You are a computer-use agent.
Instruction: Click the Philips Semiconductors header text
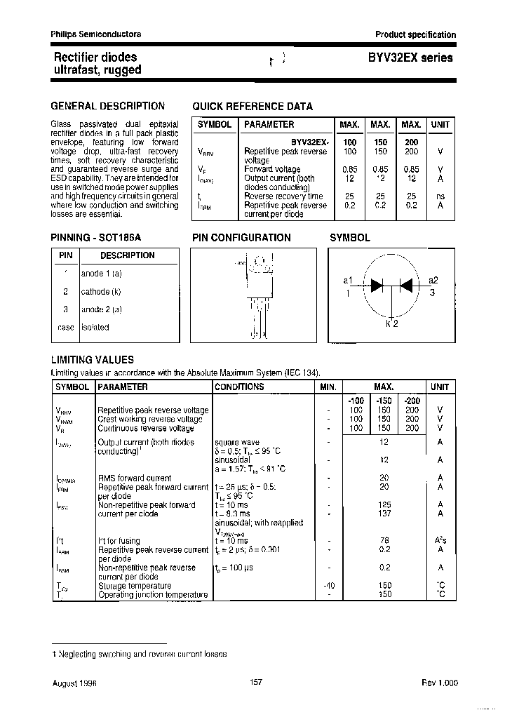pos(95,34)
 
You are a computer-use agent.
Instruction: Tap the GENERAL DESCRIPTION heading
pos(107,106)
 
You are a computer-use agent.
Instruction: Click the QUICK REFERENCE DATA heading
pos(252,107)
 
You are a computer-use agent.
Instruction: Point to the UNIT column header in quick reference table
pos(440,124)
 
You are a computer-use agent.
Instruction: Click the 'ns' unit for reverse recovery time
pos(440,196)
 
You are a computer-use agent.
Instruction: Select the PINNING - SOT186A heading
pos(101,238)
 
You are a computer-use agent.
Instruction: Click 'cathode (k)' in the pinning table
pos(101,290)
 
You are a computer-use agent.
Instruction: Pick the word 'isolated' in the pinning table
pos(95,327)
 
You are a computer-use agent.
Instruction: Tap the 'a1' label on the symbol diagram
pos(348,281)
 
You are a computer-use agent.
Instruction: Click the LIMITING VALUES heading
pos(92,360)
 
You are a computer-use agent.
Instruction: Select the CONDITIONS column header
pos(239,387)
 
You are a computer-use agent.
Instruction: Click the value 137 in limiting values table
pos(384,514)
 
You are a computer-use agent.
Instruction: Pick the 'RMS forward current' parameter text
pos(134,478)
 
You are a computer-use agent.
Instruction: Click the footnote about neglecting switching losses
pos(139,653)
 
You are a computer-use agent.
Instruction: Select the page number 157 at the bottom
pos(256,682)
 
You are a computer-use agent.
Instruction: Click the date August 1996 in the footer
pos(74,682)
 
